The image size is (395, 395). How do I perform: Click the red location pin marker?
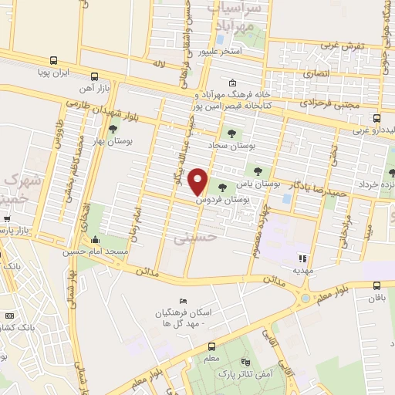(x=198, y=182)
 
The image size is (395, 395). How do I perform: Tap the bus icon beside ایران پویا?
(x=53, y=60)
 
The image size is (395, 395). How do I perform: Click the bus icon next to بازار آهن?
(x=94, y=76)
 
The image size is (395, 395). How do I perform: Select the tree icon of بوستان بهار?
(x=113, y=130)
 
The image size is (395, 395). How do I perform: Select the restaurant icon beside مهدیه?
(x=303, y=258)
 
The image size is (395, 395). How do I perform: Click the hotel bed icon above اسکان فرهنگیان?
(x=182, y=301)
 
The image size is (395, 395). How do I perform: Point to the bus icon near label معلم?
(x=211, y=347)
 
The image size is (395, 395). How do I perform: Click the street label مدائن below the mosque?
(x=146, y=272)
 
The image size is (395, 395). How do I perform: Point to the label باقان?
(x=376, y=297)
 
